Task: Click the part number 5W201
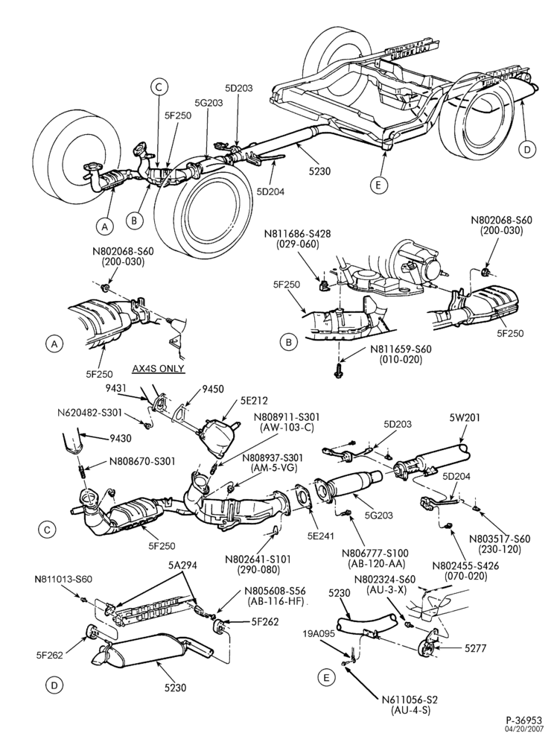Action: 465,418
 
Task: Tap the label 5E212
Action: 251,401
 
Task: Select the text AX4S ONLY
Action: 159,369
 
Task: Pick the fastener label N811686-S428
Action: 298,234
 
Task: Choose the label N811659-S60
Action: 401,349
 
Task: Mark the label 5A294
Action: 182,565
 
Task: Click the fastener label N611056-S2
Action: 410,700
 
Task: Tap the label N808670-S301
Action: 142,461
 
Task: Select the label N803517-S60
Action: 500,539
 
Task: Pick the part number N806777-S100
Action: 375,554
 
